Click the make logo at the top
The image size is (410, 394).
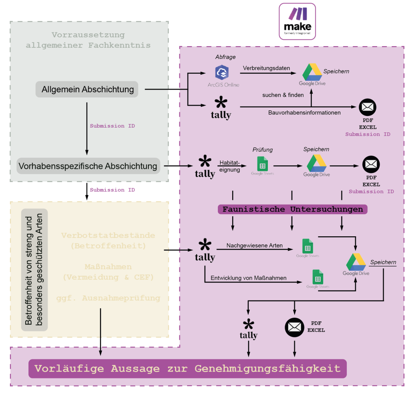(x=297, y=21)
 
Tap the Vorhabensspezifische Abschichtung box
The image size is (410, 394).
(x=88, y=166)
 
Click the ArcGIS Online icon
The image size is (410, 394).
(x=221, y=73)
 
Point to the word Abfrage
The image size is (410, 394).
(x=225, y=57)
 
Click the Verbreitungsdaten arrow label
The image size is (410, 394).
(x=266, y=68)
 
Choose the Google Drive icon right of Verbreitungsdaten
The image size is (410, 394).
(x=312, y=73)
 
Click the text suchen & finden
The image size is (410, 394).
(x=283, y=95)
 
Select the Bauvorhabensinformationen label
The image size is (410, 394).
(x=304, y=113)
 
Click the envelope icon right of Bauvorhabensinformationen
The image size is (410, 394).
(x=367, y=107)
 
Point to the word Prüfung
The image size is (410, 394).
(x=262, y=150)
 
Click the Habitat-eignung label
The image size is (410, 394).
(x=230, y=167)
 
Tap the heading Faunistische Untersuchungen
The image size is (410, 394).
(x=293, y=209)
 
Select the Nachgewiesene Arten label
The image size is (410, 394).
(x=254, y=246)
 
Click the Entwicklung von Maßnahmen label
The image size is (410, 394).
(x=248, y=278)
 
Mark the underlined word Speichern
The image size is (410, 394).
(x=383, y=262)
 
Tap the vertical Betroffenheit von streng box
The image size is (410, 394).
(x=34, y=270)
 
